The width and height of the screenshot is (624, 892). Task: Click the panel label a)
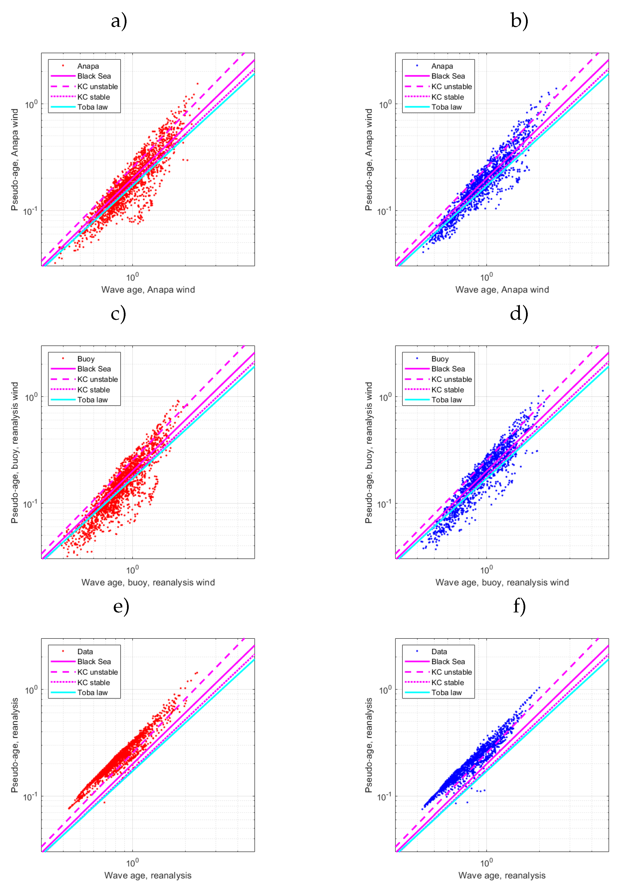(119, 21)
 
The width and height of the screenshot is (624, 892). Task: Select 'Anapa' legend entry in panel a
(88, 66)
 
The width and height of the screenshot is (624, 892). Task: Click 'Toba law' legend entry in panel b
(447, 107)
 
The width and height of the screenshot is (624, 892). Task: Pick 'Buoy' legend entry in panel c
(86, 359)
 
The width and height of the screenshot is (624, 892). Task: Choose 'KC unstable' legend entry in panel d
(452, 379)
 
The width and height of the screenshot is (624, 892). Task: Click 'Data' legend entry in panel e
(85, 652)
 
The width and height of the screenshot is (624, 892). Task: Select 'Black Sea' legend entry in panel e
(94, 662)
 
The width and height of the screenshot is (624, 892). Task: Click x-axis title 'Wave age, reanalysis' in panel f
(502, 875)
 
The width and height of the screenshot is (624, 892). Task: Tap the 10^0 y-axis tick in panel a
(31, 104)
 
